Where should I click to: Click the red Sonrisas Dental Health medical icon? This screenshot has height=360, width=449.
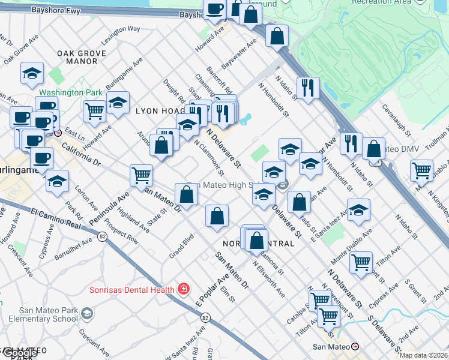coord(183,290)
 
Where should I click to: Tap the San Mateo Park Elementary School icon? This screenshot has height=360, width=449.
coord(88,314)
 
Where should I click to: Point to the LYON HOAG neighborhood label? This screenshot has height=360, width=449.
coord(159,111)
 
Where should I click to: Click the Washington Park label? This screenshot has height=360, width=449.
coord(62,93)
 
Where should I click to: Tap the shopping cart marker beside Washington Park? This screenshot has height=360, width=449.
coord(95,112)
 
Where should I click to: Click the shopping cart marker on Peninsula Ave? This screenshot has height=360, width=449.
coord(140,175)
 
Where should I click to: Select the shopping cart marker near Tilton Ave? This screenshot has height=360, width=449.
coord(361,262)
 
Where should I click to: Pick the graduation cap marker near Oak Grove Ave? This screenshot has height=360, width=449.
coord(32,74)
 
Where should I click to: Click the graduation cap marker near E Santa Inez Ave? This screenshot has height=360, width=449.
coord(358,211)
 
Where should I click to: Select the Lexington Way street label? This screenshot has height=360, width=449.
coord(121,29)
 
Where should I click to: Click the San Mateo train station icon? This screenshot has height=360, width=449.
coord(355,347)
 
